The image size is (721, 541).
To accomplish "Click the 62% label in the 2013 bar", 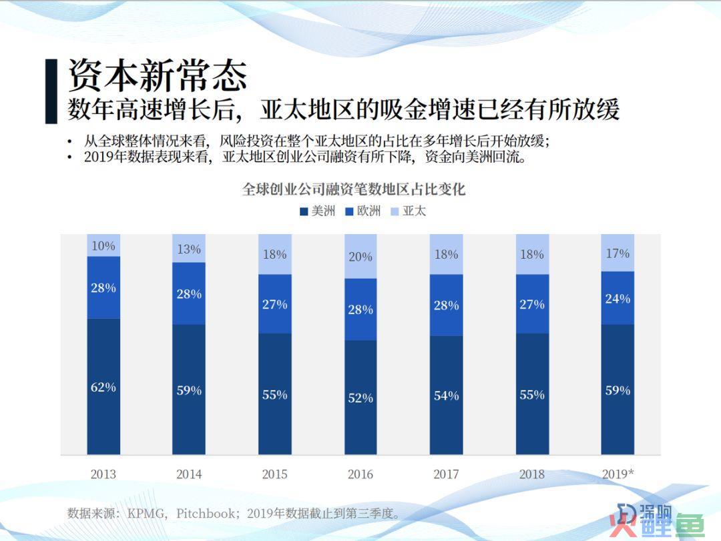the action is click(x=103, y=387).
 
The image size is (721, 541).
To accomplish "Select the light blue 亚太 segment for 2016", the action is click(x=360, y=256).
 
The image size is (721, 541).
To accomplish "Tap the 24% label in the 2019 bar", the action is click(x=618, y=299).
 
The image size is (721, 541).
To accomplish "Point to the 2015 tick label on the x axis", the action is click(x=274, y=474).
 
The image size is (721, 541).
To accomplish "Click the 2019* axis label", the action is click(x=618, y=474).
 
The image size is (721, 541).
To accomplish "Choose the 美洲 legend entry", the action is click(x=318, y=211).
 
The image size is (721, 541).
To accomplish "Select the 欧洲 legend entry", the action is click(x=363, y=211).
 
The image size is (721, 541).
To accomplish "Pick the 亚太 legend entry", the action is click(x=409, y=211).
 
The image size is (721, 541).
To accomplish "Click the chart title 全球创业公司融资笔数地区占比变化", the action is click(x=354, y=189).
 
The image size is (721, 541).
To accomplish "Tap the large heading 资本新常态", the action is click(x=158, y=75).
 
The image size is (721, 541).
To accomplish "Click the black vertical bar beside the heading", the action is click(x=51, y=91).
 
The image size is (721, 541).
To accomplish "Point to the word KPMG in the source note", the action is click(x=146, y=513).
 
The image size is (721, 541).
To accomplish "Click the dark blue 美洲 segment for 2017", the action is click(x=447, y=396).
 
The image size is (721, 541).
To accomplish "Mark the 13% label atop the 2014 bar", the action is click(x=189, y=249).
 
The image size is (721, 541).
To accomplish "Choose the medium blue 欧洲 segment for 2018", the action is click(x=533, y=304).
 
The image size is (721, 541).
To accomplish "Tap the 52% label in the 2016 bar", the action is click(x=360, y=398).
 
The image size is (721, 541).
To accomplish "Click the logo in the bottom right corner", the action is click(x=657, y=520).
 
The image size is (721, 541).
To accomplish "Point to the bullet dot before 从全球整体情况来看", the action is click(x=69, y=141).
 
